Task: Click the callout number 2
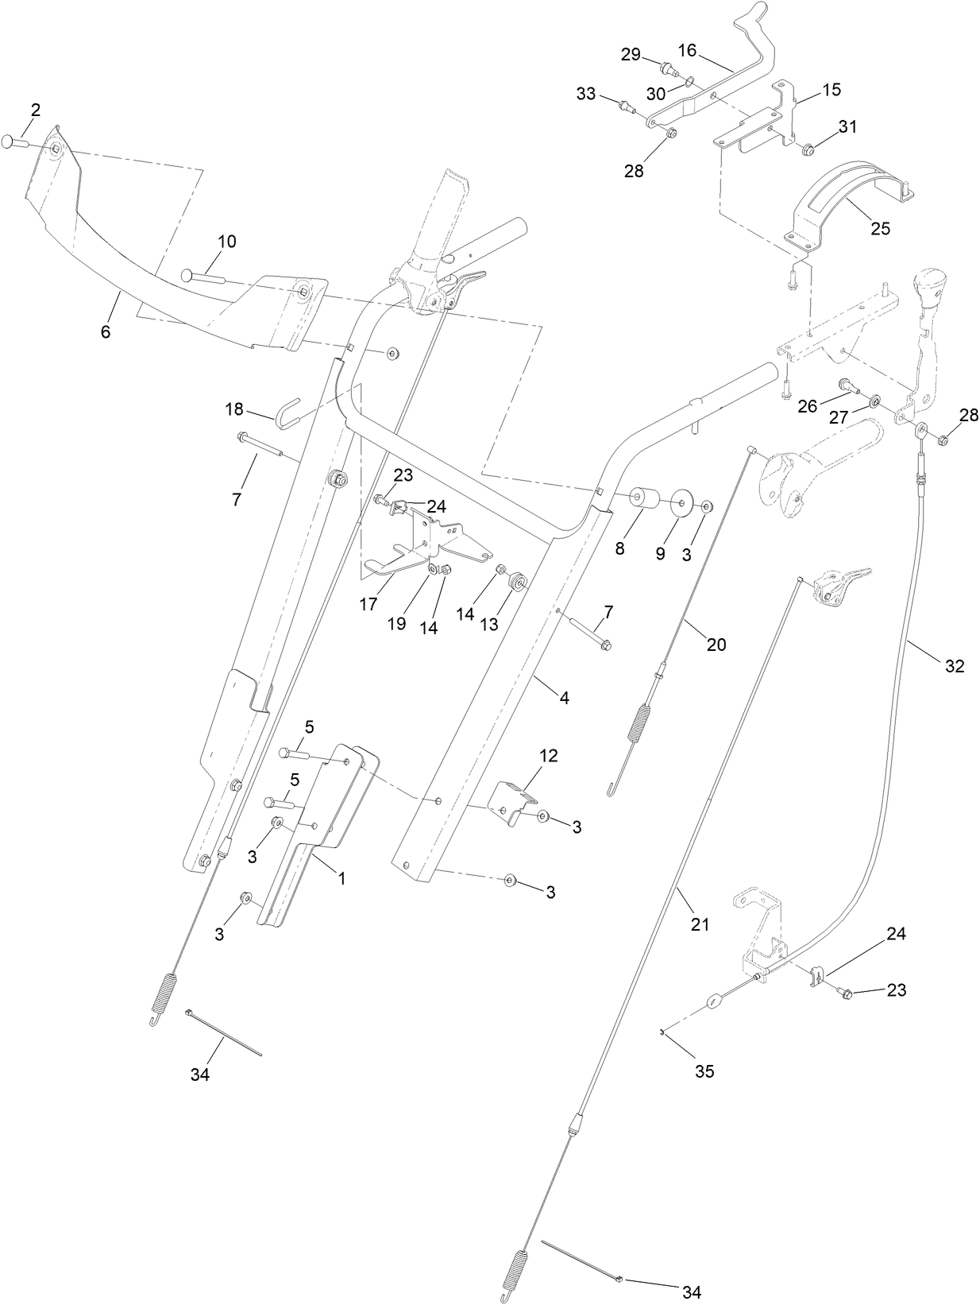coord(35,110)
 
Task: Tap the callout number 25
coord(880,228)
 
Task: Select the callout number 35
coord(704,1071)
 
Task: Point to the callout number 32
coord(954,666)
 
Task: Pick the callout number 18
coord(233,409)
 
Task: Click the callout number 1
coord(341,878)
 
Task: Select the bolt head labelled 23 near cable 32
coord(846,993)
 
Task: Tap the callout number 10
coord(227,242)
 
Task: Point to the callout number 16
coord(687,51)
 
